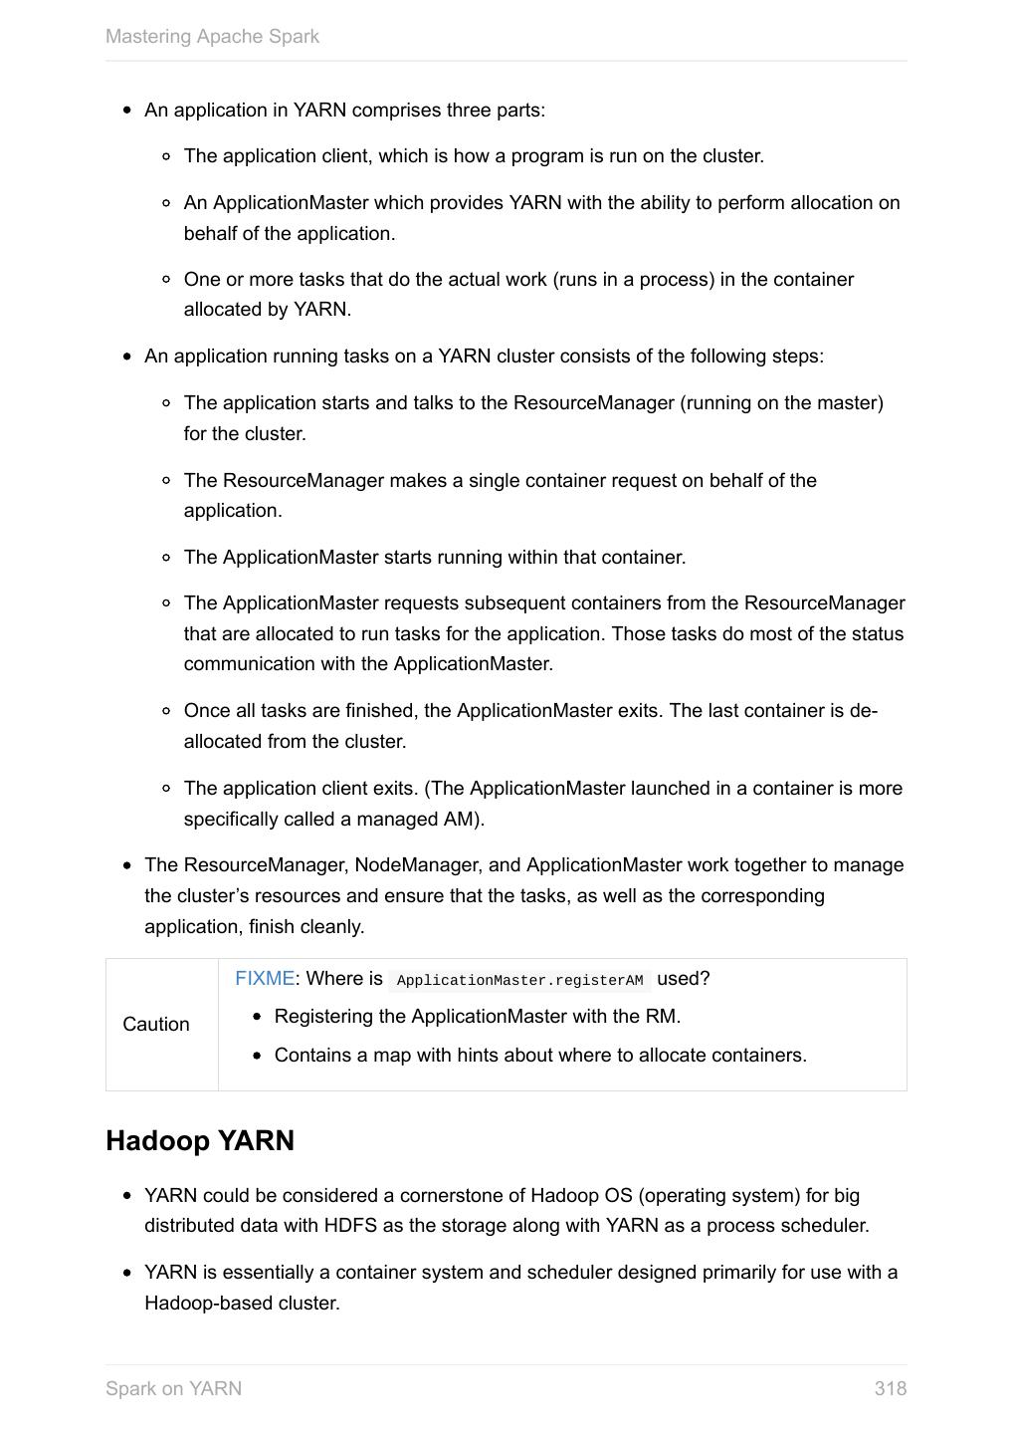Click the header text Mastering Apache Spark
pyautogui.click(x=212, y=37)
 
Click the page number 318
pyautogui.click(x=890, y=1388)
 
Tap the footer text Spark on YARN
pyautogui.click(x=173, y=1388)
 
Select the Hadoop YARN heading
pyautogui.click(x=200, y=1140)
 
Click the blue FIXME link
pyautogui.click(x=265, y=979)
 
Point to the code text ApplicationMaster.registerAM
pyautogui.click(x=519, y=981)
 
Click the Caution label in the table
pyautogui.click(x=156, y=1025)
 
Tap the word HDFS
pyautogui.click(x=350, y=1226)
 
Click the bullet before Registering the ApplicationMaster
pyautogui.click(x=258, y=1018)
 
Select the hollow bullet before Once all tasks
pyautogui.click(x=166, y=711)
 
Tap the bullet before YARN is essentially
pyautogui.click(x=127, y=1274)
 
